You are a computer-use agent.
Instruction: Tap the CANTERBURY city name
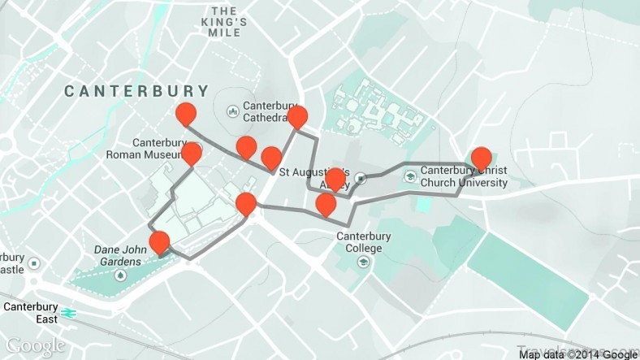point(136,91)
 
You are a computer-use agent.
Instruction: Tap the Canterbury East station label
point(30,313)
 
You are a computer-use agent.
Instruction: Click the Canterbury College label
point(363,242)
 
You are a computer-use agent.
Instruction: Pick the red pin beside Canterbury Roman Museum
point(192,154)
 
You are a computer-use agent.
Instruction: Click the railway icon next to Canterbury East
point(69,310)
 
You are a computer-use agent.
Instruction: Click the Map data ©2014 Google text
point(578,353)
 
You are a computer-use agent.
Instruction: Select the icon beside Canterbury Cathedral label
point(233,108)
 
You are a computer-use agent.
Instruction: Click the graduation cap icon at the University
point(412,176)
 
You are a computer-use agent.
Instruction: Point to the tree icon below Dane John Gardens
point(121,275)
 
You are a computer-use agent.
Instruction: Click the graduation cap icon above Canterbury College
point(362,220)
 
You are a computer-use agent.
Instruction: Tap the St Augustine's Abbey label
point(314,178)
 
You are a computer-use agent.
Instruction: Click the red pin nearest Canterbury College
point(326,205)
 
